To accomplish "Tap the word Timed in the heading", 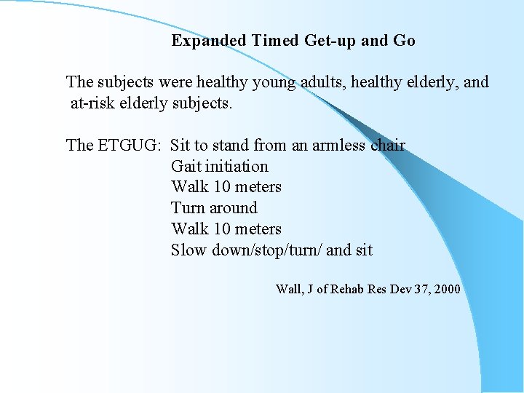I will click(276, 41).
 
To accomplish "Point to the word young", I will click(273, 82).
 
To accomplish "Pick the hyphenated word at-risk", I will click(95, 103).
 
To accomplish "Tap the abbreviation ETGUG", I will click(128, 146).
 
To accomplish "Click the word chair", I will click(388, 146).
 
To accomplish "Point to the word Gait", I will click(186, 167).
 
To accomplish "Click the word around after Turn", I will click(234, 208).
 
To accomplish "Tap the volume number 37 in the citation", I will click(418, 290).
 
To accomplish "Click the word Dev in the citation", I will click(400, 290).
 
